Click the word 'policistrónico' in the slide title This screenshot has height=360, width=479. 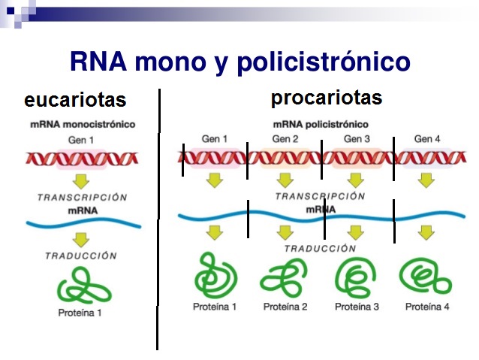tap(324, 62)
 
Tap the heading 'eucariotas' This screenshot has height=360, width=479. tap(75, 99)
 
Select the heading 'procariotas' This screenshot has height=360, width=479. tap(327, 98)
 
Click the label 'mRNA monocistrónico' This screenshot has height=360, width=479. tap(83, 125)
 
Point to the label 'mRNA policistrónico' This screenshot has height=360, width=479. tap(321, 125)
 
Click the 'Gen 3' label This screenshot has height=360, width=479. tap(357, 139)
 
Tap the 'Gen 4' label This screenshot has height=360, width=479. tap(427, 139)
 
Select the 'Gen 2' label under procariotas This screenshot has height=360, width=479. tap(285, 139)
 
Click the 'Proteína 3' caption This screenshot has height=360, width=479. tap(357, 307)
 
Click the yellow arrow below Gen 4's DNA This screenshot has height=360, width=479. tap(426, 180)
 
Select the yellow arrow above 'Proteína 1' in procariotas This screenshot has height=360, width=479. tap(215, 233)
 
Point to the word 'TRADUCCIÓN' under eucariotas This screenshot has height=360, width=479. tap(81, 256)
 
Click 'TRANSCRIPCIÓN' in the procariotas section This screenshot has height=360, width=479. tap(321, 196)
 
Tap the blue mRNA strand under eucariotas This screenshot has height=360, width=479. tap(83, 223)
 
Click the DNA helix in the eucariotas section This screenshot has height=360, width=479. tap(82, 159)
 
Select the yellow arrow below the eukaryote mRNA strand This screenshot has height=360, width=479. tap(81, 240)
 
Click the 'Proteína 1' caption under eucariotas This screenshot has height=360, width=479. tap(80, 313)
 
